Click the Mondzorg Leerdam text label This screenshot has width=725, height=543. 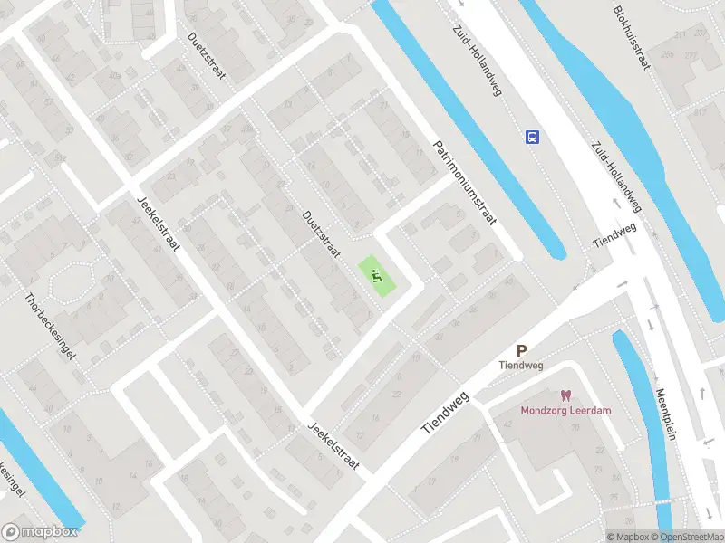(x=565, y=410)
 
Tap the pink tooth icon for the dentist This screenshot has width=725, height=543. (x=565, y=395)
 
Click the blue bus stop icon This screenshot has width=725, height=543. (x=532, y=137)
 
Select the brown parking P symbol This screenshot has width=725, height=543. (x=521, y=350)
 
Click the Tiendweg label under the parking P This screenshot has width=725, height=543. (x=520, y=366)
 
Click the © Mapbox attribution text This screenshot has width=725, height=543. (x=627, y=537)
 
